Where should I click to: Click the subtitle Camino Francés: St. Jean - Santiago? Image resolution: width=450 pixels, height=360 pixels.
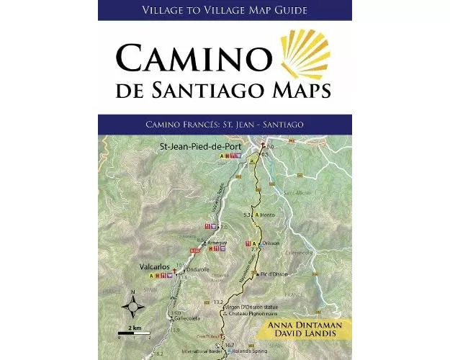(224, 124)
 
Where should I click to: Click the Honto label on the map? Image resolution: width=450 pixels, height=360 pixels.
(269, 215)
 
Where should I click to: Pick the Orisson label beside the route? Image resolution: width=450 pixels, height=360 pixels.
(269, 243)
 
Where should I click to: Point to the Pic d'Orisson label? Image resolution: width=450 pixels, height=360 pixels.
(275, 274)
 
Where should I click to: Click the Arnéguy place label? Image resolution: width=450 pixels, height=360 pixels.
(217, 243)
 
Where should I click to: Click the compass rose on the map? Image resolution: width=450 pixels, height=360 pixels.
(133, 305)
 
